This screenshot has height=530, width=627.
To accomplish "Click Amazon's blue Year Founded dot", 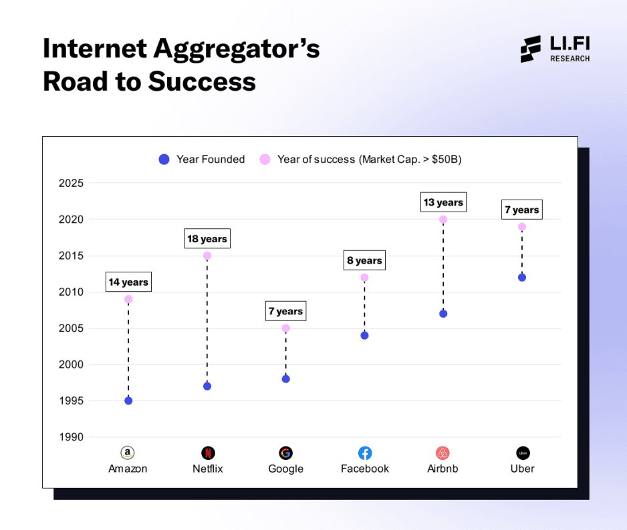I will (x=128, y=401).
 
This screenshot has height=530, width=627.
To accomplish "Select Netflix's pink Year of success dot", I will (x=207, y=256).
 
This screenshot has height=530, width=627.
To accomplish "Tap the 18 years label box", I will (x=207, y=239).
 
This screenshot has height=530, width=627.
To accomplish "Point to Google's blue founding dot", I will (x=285, y=378).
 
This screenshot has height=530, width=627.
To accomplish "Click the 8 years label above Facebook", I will (x=364, y=261).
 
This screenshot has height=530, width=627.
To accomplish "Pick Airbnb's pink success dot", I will (x=443, y=220).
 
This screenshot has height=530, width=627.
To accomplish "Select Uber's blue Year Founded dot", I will (x=522, y=277).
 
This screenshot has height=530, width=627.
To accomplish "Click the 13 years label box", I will (x=443, y=202).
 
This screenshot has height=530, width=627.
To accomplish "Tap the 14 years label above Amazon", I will (x=128, y=282).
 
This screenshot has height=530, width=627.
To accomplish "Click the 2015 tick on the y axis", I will (x=72, y=256).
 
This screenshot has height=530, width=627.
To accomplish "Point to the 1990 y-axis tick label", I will (x=72, y=437).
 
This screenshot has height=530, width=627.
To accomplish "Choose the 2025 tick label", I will (x=72, y=183).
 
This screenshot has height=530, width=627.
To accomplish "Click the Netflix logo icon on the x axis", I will (x=207, y=453).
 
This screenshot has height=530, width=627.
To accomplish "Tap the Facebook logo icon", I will (x=365, y=453).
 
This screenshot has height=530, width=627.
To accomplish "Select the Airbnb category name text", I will (x=443, y=469).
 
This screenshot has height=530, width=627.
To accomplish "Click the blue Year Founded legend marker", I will (x=164, y=160).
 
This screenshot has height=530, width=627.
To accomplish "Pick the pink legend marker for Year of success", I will (x=265, y=160).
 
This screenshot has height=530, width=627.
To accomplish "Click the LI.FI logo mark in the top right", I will (x=531, y=49).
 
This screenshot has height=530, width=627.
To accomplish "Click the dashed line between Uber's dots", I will (x=522, y=252).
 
